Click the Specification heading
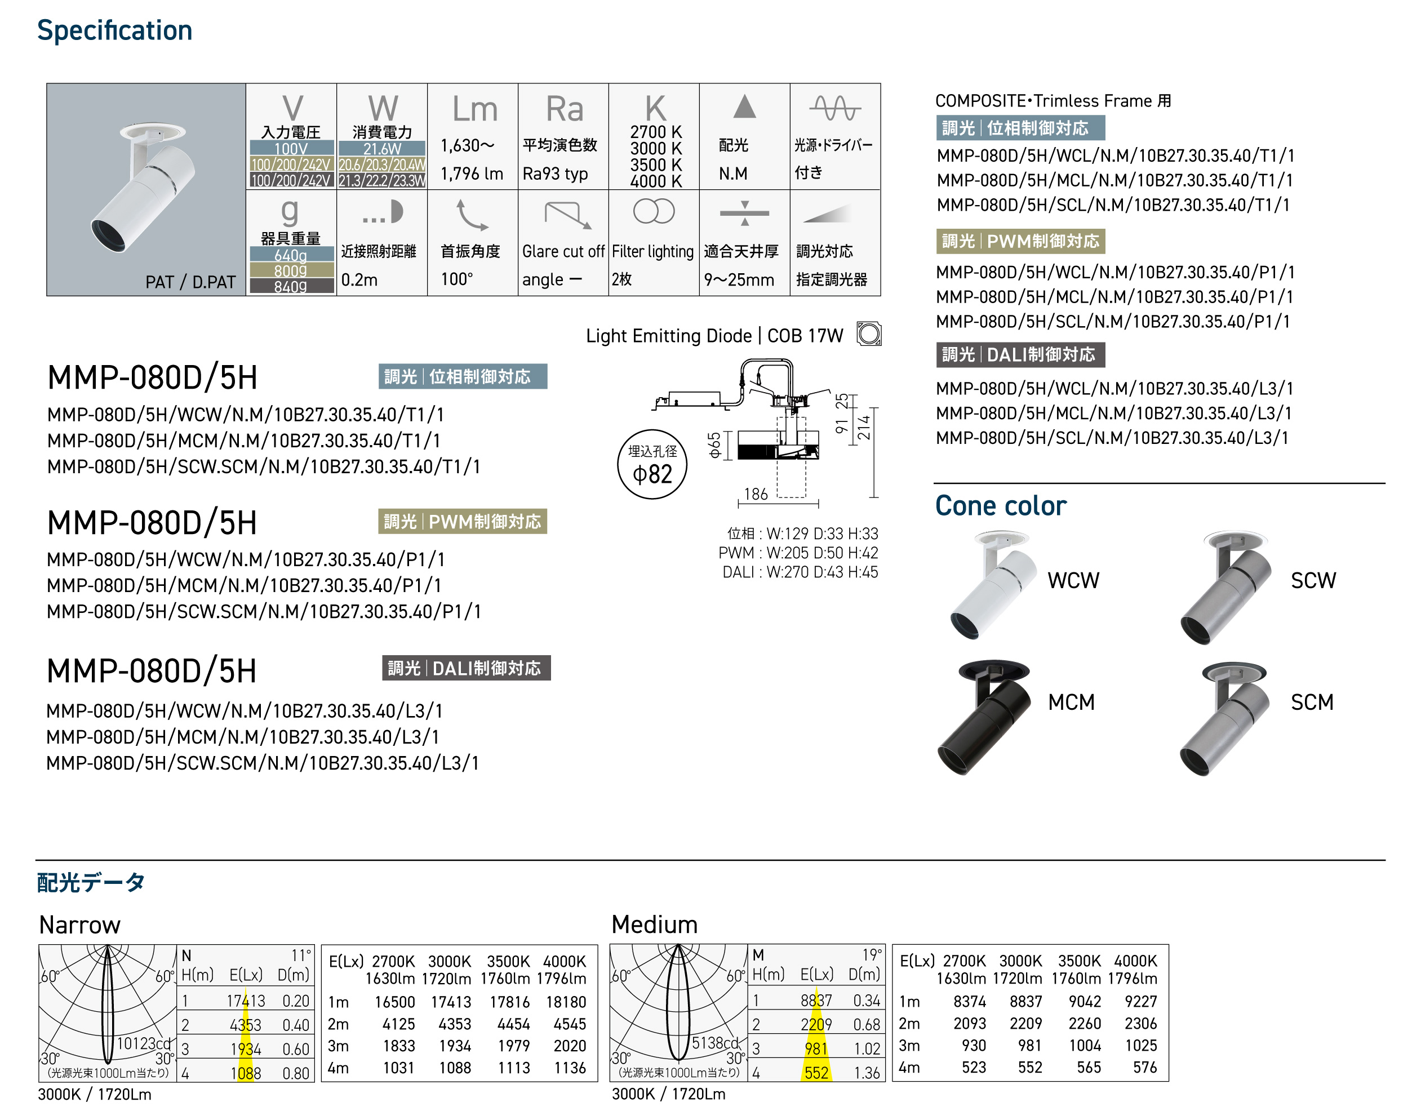point(114,31)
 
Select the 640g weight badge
point(291,255)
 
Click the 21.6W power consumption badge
point(382,149)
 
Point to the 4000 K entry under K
point(655,181)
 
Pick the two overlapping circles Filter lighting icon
point(654,212)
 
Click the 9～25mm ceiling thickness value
point(739,279)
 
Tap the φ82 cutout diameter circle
point(652,465)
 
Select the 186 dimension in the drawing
point(756,495)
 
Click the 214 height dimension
point(864,428)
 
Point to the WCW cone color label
point(1073,580)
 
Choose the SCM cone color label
point(1311,702)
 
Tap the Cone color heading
point(1000,506)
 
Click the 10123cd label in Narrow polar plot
point(143,1043)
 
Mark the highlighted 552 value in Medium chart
point(816,1073)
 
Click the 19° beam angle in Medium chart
point(872,955)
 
